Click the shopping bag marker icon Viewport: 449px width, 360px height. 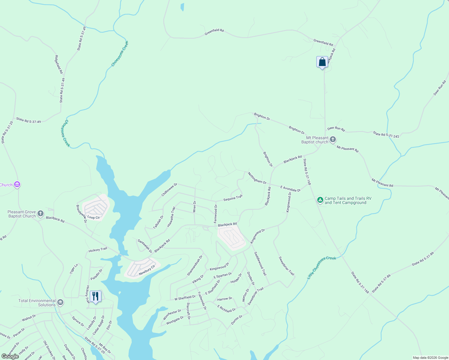coord(322,62)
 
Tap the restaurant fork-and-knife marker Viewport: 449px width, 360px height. coord(95,296)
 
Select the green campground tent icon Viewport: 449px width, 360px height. coord(320,200)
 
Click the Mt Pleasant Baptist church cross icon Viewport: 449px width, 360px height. coord(333,139)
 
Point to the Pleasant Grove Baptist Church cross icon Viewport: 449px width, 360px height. coord(41,214)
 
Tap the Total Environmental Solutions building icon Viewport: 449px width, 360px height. coord(60,302)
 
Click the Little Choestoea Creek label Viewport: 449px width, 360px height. coord(321,267)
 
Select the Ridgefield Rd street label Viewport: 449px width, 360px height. coord(59,64)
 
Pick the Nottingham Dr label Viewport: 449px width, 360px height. coord(257,178)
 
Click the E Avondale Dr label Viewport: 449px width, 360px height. coord(290,189)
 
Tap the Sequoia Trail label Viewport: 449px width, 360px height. coord(233,198)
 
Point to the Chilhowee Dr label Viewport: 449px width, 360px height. coord(169,190)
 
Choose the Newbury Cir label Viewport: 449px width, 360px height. coord(147,270)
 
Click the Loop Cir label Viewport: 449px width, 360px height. coord(94,217)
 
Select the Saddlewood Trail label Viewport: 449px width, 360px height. coord(260,264)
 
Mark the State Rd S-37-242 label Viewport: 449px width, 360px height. coord(386,134)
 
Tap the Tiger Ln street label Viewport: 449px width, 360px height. coord(74,268)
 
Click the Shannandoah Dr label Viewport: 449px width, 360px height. coord(195,265)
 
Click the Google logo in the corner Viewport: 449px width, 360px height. coord(10,356)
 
